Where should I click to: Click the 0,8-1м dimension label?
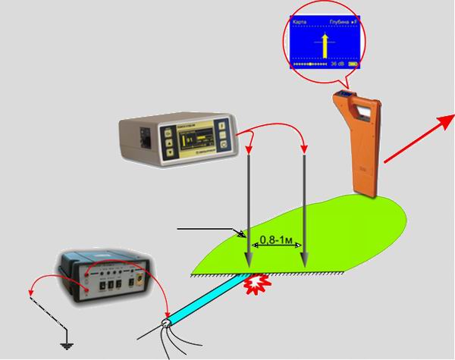point(275,239)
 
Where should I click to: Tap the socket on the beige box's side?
point(144,139)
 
